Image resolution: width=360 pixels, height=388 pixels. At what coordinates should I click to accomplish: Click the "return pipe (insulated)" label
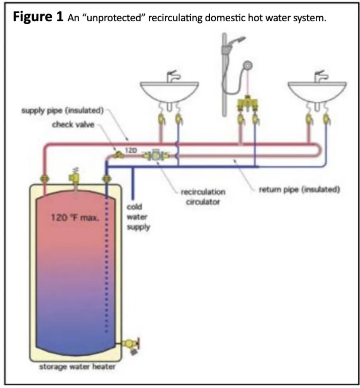click(299, 190)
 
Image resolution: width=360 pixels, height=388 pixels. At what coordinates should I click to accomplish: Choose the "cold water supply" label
click(139, 217)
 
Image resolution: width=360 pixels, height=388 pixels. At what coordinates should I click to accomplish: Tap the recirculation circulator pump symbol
click(155, 156)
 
